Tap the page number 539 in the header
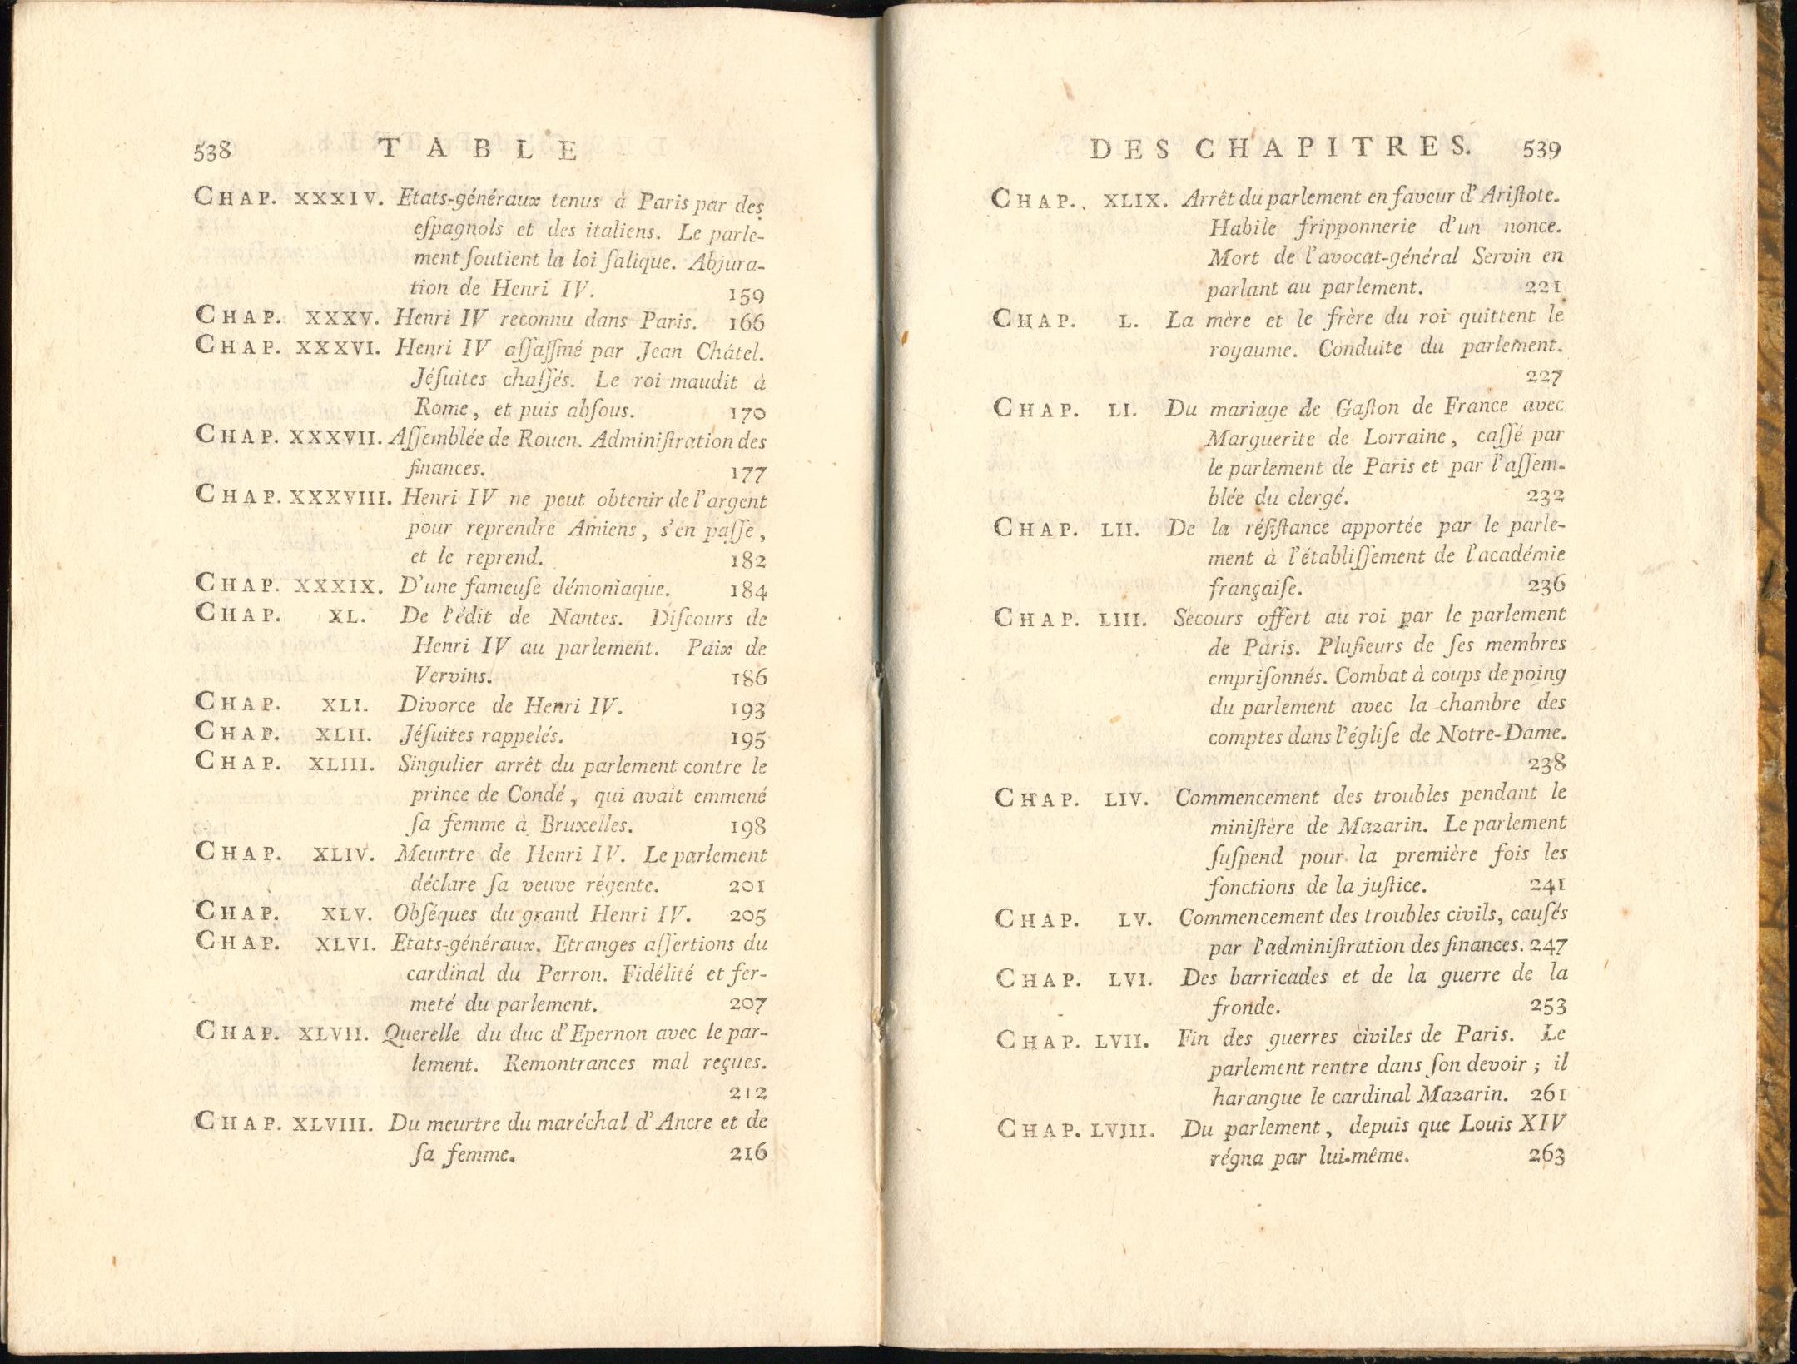pyautogui.click(x=1541, y=150)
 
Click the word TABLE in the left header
pyautogui.click(x=478, y=150)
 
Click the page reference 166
pyautogui.click(x=747, y=322)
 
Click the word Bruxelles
pyautogui.click(x=583, y=825)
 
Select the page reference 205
pyautogui.click(x=747, y=914)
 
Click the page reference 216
pyautogui.click(x=747, y=1153)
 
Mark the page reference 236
pyautogui.click(x=1546, y=585)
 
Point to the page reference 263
pyautogui.click(x=1546, y=1156)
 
